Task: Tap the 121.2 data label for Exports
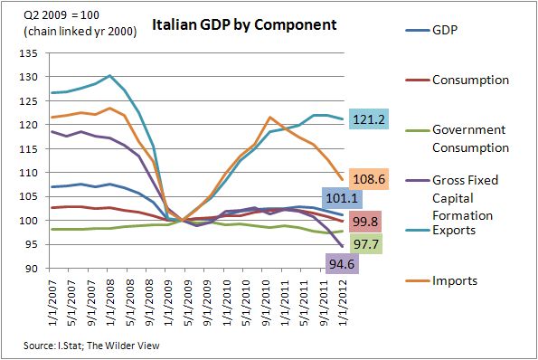click(x=366, y=118)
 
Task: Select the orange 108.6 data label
click(x=366, y=179)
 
